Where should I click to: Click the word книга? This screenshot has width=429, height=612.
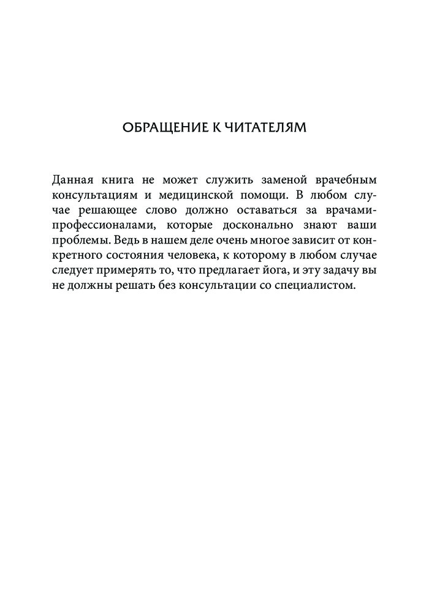point(125,181)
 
